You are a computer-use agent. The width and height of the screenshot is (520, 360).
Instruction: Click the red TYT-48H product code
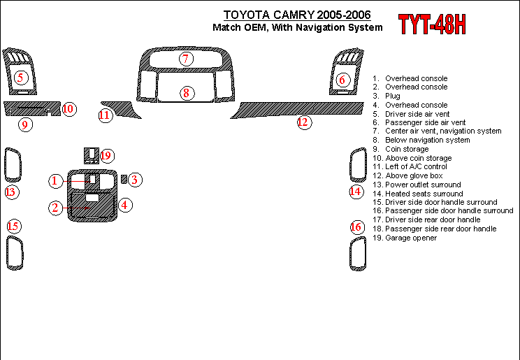tap(432, 24)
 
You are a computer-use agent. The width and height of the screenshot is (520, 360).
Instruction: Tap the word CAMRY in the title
tap(293, 15)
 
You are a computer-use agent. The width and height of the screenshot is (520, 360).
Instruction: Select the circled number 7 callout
tap(186, 59)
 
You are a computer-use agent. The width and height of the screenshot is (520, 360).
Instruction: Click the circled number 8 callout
tap(187, 93)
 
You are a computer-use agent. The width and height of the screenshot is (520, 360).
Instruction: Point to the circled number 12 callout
tap(304, 122)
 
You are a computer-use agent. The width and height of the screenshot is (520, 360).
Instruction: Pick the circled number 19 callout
tap(106, 156)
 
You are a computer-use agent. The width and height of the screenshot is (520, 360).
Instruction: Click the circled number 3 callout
tap(135, 180)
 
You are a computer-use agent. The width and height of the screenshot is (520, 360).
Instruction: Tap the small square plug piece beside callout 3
tap(124, 179)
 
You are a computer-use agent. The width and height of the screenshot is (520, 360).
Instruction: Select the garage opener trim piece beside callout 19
tap(91, 156)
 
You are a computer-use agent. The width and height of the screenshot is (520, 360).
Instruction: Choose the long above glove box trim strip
tap(298, 109)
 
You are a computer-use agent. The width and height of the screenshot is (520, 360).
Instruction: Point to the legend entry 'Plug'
tap(387, 96)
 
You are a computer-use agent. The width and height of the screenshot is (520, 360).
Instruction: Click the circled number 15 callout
tap(13, 226)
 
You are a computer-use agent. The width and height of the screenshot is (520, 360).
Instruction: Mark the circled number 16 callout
tap(357, 227)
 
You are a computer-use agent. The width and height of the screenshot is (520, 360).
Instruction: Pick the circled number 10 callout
tap(68, 109)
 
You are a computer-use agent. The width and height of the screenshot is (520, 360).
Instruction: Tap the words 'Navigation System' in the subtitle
tap(338, 27)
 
